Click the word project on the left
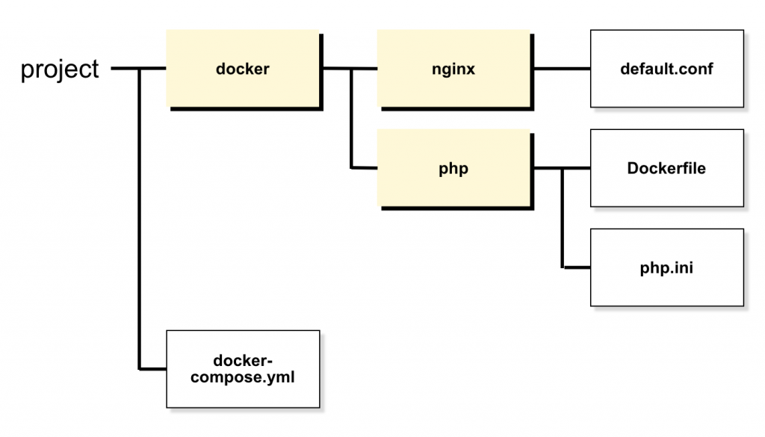click(60, 69)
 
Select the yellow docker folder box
click(244, 69)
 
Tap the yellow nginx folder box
click(453, 69)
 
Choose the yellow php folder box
click(453, 168)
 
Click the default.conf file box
click(666, 69)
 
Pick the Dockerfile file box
click(666, 168)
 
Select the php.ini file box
click(666, 267)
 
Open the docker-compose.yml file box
click(243, 368)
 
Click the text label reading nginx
click(453, 69)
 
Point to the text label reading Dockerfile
click(666, 168)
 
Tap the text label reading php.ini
click(666, 267)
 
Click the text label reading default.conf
click(666, 69)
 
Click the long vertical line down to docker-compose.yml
click(140, 224)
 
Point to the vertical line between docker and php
click(350, 120)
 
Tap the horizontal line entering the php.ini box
click(576, 267)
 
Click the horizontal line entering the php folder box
click(364, 168)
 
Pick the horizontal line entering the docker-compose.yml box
click(152, 368)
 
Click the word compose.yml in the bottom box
click(243, 377)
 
